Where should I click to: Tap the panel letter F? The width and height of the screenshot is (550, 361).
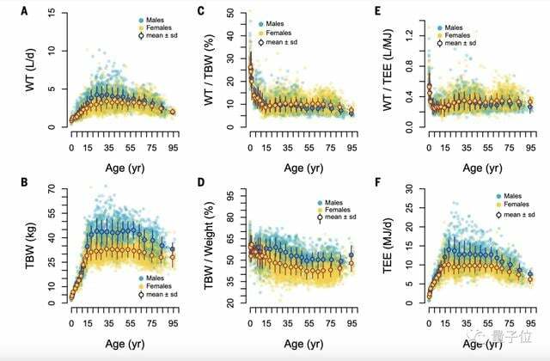pyautogui.click(x=379, y=183)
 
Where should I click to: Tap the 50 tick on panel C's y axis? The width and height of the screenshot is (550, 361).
pyautogui.click(x=232, y=14)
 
